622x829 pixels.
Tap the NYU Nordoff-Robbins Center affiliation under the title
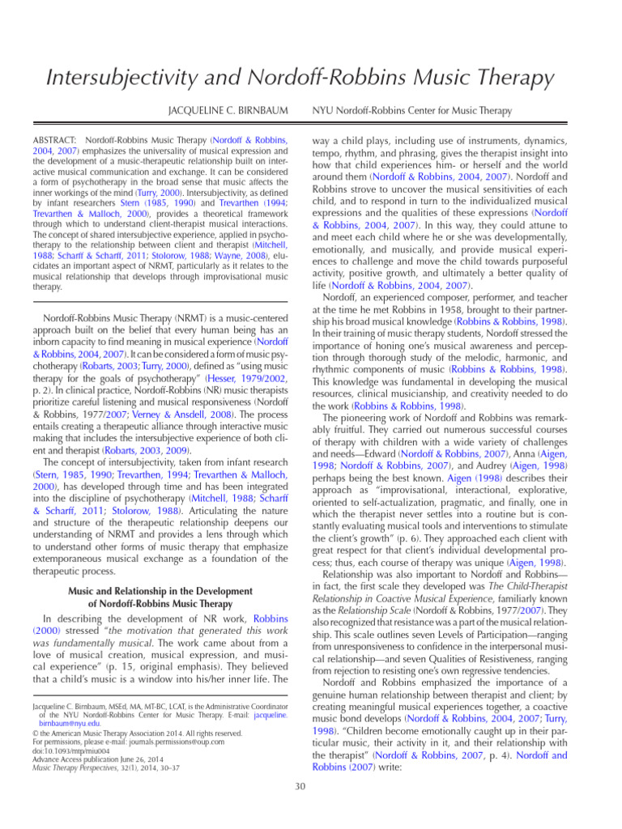(x=412, y=110)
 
